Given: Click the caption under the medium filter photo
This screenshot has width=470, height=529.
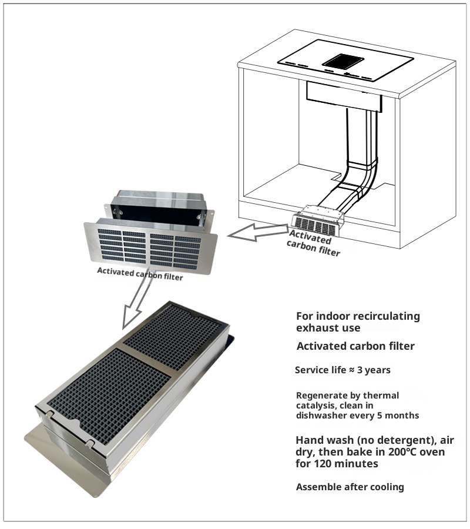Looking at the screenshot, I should click(140, 274).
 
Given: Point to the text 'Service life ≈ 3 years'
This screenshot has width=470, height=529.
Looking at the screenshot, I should click(343, 370).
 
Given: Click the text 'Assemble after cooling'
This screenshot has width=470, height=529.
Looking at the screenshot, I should click(350, 487).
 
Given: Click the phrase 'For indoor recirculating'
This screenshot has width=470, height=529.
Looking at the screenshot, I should click(358, 316).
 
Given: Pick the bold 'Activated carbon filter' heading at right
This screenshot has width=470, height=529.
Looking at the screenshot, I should click(355, 346).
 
